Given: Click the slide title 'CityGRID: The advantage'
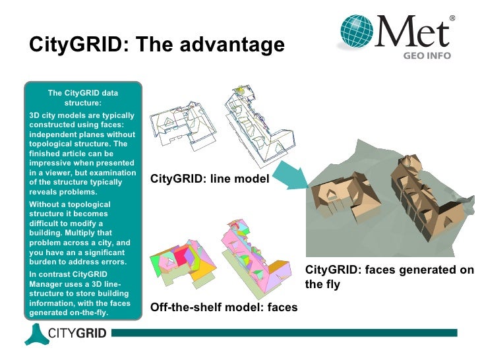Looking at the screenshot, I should tap(157, 45).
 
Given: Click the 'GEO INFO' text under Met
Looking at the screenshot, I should tap(427, 56).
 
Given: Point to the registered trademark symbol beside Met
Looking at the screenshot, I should tap(452, 18).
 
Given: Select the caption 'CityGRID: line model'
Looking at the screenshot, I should tap(210, 179).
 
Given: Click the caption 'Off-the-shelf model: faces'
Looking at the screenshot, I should tap(224, 307).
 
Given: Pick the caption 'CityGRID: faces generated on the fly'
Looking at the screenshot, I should tap(389, 277).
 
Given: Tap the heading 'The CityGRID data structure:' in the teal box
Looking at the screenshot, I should tap(83, 98).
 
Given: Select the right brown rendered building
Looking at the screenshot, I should tap(422, 191).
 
